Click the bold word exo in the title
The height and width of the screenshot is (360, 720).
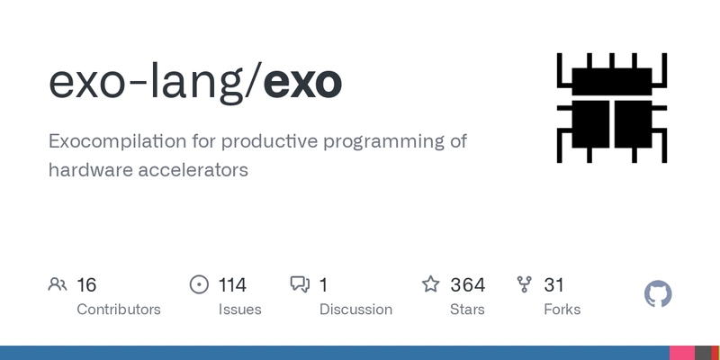click(x=303, y=83)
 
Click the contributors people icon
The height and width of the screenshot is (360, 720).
click(x=58, y=285)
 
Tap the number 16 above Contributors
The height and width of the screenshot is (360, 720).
click(x=86, y=285)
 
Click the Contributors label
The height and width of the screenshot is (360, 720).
click(x=119, y=310)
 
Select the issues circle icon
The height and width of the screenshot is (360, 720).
click(x=199, y=285)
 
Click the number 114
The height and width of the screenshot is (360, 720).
click(x=232, y=285)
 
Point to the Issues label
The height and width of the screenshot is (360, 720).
click(x=239, y=310)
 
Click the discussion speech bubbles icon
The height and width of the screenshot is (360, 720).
click(x=300, y=285)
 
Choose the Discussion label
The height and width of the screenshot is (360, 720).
click(x=355, y=310)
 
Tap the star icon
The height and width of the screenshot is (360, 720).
click(x=431, y=285)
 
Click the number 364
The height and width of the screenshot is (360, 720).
click(x=467, y=285)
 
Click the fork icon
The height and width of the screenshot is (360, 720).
click(x=525, y=285)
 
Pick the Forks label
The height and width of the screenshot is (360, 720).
click(x=562, y=310)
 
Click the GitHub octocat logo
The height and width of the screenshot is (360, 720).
click(x=659, y=294)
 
